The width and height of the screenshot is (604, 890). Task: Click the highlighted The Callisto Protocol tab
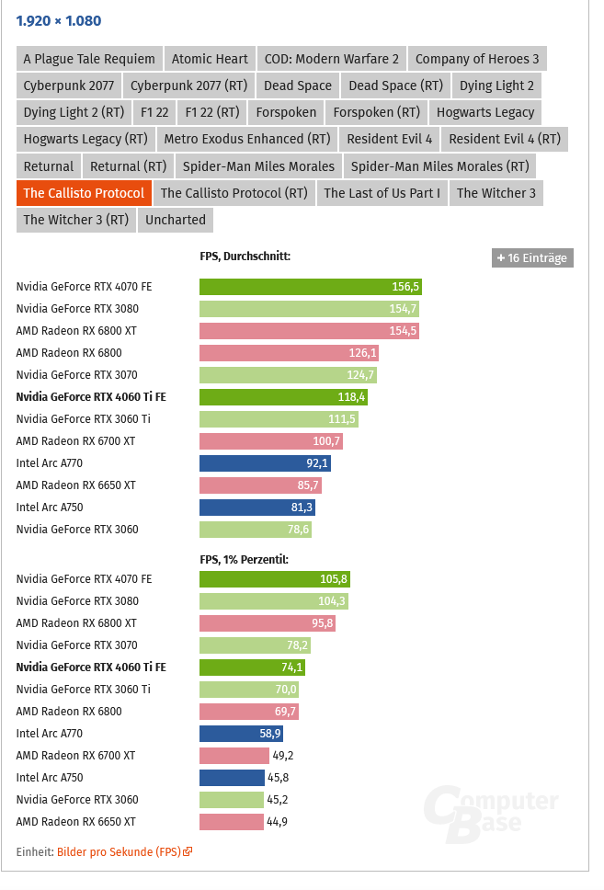pyautogui.click(x=84, y=193)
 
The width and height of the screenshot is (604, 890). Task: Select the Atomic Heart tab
pyautogui.click(x=210, y=59)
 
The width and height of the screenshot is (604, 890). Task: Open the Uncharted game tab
pyautogui.click(x=176, y=220)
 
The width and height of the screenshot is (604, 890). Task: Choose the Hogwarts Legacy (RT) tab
pyautogui.click(x=85, y=139)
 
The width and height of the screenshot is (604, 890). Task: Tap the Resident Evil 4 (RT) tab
pyautogui.click(x=505, y=139)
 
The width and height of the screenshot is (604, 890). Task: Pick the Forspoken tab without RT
pyautogui.click(x=286, y=112)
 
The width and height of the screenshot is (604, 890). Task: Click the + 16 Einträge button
pyautogui.click(x=532, y=258)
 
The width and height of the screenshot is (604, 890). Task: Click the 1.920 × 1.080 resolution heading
pyautogui.click(x=59, y=21)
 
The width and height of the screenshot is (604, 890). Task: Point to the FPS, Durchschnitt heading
pyautogui.click(x=245, y=257)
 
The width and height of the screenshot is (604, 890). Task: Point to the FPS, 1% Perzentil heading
pyautogui.click(x=244, y=559)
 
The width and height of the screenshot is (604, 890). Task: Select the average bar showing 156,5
pyautogui.click(x=310, y=287)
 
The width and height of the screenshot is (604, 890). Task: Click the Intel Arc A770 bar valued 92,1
pyautogui.click(x=265, y=463)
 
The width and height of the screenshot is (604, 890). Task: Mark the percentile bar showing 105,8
pyautogui.click(x=274, y=579)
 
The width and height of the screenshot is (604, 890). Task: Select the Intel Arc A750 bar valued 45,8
pyautogui.click(x=232, y=778)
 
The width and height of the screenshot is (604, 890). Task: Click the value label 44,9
pyautogui.click(x=276, y=822)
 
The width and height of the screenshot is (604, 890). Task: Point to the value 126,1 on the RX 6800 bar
pyautogui.click(x=362, y=353)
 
